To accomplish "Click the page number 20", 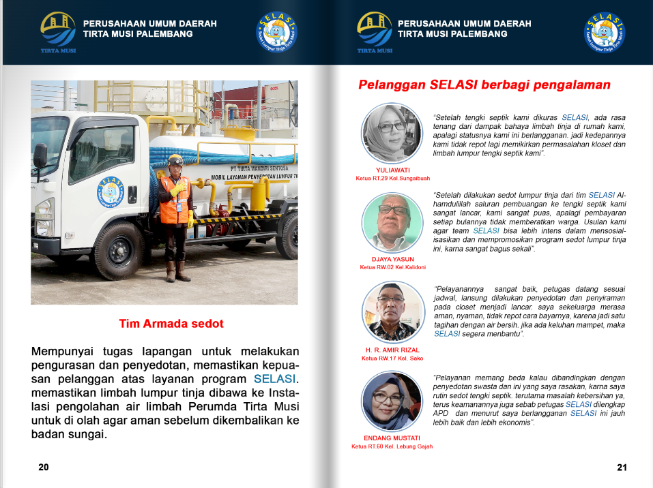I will (43, 467).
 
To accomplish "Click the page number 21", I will (621, 467).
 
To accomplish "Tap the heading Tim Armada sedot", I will (171, 324).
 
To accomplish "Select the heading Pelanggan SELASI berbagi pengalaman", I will (484, 85).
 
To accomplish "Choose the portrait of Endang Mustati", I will (392, 401).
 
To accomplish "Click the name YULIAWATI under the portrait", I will (392, 170).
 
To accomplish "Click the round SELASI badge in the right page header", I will (277, 33).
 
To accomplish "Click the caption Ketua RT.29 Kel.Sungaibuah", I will (392, 179).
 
